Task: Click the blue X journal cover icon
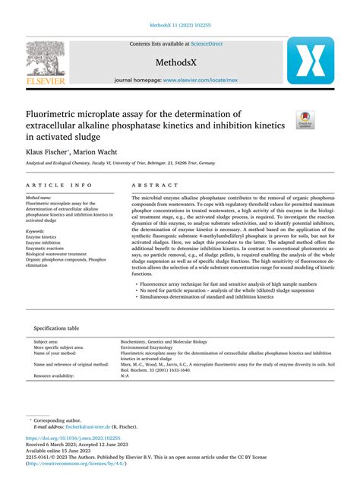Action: [x=310, y=60]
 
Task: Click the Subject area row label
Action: [x=46, y=341]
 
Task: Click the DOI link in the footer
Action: [x=73, y=439]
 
